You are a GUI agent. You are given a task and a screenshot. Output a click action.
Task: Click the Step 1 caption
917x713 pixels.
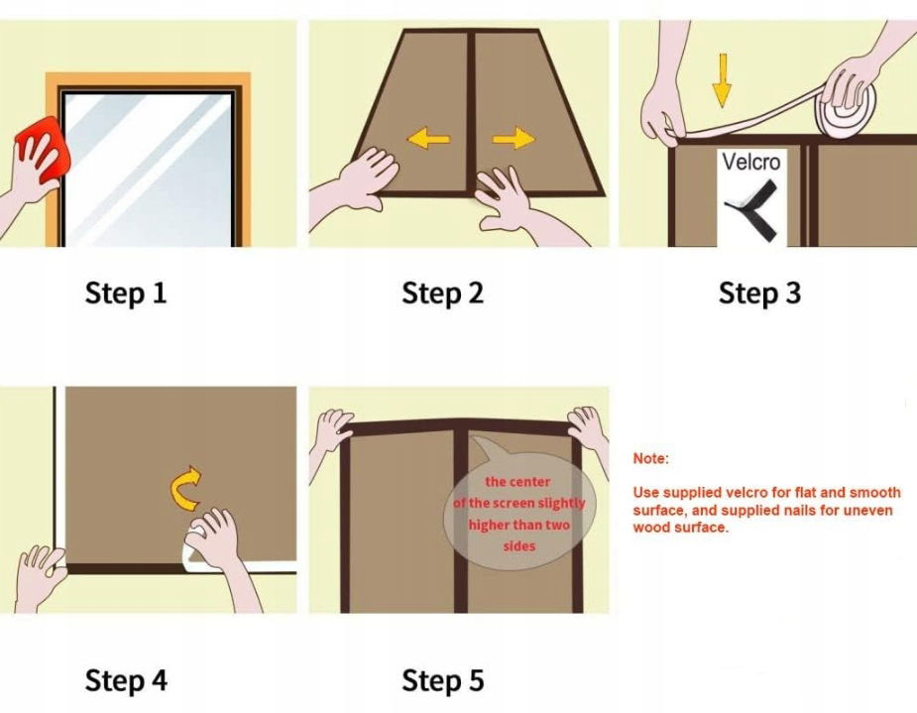click(126, 294)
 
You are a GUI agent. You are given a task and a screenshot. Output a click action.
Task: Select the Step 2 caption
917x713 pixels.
click(443, 294)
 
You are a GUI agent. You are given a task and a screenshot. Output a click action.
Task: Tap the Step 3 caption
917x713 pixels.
click(759, 294)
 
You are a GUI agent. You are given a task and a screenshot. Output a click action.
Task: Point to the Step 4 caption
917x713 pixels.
click(126, 681)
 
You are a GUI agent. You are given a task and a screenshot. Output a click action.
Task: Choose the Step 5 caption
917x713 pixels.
click(443, 681)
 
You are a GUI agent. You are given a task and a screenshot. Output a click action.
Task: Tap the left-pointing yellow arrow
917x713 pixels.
click(428, 139)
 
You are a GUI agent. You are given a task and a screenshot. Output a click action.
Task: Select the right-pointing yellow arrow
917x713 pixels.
click(514, 139)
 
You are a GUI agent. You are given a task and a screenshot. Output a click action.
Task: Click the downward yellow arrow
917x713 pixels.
click(723, 80)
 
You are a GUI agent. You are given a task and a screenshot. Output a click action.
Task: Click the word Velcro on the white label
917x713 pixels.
click(750, 162)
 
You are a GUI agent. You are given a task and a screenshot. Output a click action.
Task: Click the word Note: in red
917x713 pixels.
click(650, 458)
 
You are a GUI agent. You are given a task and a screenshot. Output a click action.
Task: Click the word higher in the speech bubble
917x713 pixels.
click(489, 526)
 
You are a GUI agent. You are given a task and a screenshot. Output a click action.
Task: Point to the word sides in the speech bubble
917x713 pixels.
click(519, 546)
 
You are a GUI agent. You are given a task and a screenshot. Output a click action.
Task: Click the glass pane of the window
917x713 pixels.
click(148, 170)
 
